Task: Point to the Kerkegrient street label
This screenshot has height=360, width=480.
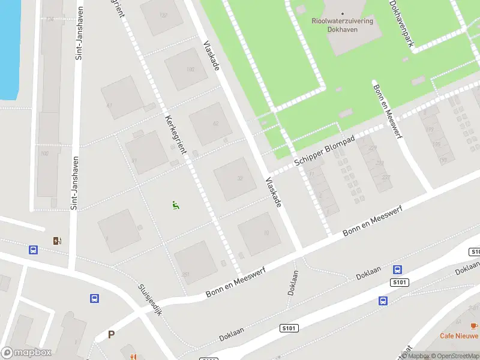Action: tap(172, 129)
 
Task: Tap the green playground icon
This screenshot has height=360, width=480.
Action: tap(176, 205)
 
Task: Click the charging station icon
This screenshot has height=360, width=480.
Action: tap(57, 241)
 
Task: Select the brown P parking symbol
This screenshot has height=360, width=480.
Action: tap(111, 335)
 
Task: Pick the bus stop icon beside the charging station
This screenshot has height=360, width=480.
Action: tap(34, 250)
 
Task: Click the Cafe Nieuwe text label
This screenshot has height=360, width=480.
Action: tap(459, 335)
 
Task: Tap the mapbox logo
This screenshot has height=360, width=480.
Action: tap(26, 353)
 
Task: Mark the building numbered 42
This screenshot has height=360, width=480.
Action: tap(215, 124)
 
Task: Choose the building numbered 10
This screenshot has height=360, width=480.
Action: tap(266, 233)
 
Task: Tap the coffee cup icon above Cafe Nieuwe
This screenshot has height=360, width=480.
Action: tap(474, 326)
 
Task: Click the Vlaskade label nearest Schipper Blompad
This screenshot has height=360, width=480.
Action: tap(274, 193)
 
